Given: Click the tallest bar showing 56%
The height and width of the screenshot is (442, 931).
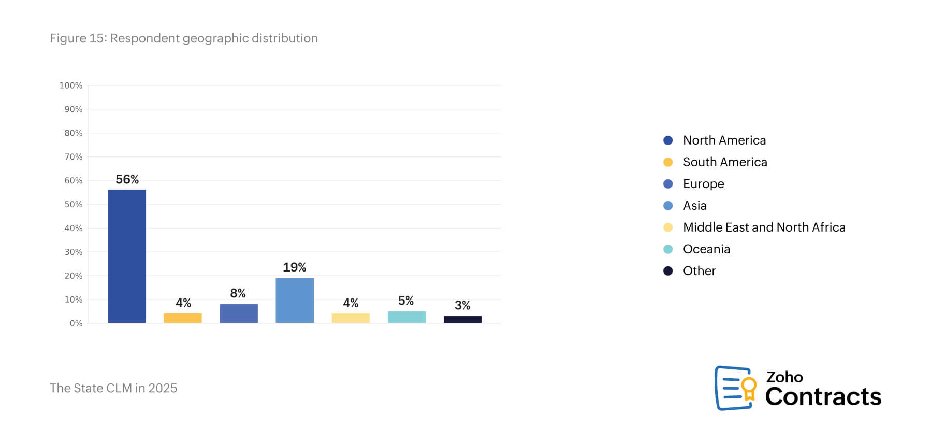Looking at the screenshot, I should tap(127, 256).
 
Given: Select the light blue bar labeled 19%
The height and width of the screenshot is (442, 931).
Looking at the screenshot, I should tap(295, 300).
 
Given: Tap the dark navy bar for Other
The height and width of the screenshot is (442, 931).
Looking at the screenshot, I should tap(462, 319).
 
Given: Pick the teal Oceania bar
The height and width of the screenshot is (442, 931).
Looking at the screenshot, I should tap(406, 317).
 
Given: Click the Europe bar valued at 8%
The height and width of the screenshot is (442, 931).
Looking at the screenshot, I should tap(239, 313).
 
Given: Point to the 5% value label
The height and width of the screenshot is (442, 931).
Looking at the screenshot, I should tap(406, 301).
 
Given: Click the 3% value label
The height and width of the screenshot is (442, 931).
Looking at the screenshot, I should tap(462, 305).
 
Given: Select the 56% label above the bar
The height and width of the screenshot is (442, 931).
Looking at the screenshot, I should tap(127, 179).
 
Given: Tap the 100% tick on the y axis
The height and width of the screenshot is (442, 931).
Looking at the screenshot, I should tap(71, 85).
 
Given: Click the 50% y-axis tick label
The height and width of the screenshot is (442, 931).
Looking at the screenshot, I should tap(73, 204).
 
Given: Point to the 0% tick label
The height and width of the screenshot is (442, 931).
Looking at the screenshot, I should tap(76, 323).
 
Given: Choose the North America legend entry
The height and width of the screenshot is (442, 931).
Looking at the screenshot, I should tap(724, 140).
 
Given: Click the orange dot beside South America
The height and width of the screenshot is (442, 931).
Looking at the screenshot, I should tap(668, 162).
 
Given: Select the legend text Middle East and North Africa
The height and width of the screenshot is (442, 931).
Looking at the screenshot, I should tap(764, 227).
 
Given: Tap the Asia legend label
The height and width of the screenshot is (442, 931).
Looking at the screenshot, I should tap(694, 206).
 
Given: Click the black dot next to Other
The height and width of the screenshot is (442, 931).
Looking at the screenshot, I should tap(668, 271).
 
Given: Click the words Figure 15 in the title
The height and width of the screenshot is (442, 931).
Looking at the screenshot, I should tap(78, 38).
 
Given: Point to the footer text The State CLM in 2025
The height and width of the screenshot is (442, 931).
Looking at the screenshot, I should tap(113, 388).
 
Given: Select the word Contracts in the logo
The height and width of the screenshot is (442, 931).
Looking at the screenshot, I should tap(823, 397).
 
